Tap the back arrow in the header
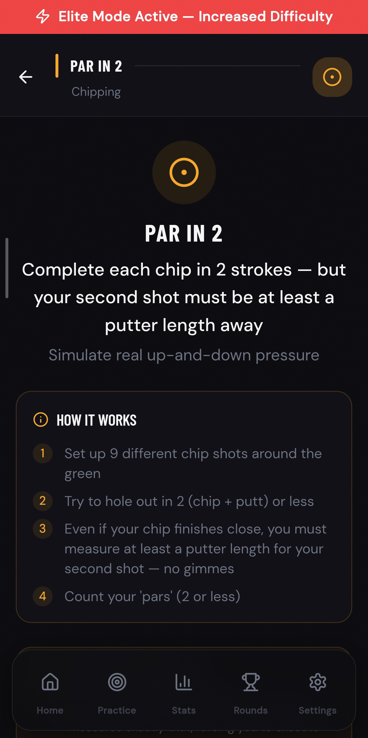[x=26, y=77]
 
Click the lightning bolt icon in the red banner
[x=43, y=16]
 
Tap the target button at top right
[x=332, y=77]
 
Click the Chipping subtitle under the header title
[x=96, y=92]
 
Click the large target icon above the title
[x=184, y=172]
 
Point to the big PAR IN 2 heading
[x=184, y=234]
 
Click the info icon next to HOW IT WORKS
[x=41, y=420]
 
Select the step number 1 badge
[x=43, y=454]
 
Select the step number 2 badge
[x=43, y=501]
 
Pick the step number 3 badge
[x=43, y=529]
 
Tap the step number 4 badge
[x=43, y=596]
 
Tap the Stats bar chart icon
[x=184, y=682]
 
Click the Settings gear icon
[x=317, y=682]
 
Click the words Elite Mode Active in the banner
[x=118, y=16]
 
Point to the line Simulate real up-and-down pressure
[x=184, y=355]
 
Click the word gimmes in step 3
[x=209, y=569]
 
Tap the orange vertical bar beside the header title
[x=57, y=66]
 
